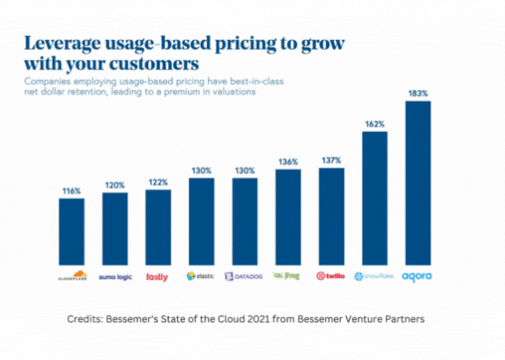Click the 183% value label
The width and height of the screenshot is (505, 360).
click(x=418, y=94)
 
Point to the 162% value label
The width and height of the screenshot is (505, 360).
click(x=374, y=124)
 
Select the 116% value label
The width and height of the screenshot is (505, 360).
click(x=72, y=191)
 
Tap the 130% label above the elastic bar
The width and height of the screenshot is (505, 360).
click(x=202, y=171)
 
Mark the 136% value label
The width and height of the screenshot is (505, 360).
click(x=288, y=162)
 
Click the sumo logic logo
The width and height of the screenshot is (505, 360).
click(x=114, y=275)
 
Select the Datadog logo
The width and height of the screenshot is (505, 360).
click(x=244, y=275)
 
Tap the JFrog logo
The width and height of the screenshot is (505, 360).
click(x=288, y=275)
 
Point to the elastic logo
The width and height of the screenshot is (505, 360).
click(x=202, y=275)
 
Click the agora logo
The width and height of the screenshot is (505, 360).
click(x=418, y=275)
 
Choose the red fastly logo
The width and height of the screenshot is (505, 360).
click(x=158, y=275)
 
